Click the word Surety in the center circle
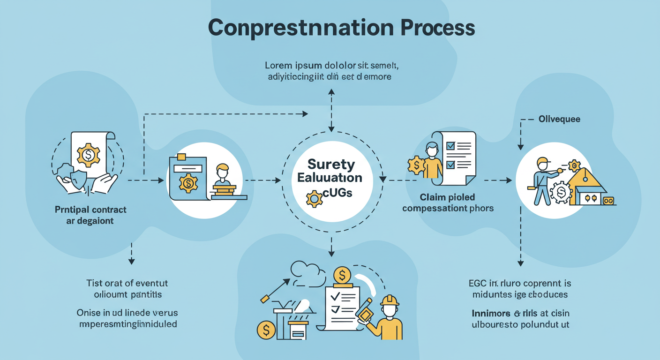click(x=331, y=165)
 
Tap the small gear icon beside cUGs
click(x=314, y=199)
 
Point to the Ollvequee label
click(x=559, y=119)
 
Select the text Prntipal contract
click(x=90, y=210)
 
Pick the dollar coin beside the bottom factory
click(x=266, y=330)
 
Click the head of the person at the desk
click(x=222, y=170)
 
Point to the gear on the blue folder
click(x=188, y=182)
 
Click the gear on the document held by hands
click(x=88, y=155)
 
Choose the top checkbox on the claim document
click(x=450, y=146)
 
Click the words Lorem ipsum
click(x=291, y=65)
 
